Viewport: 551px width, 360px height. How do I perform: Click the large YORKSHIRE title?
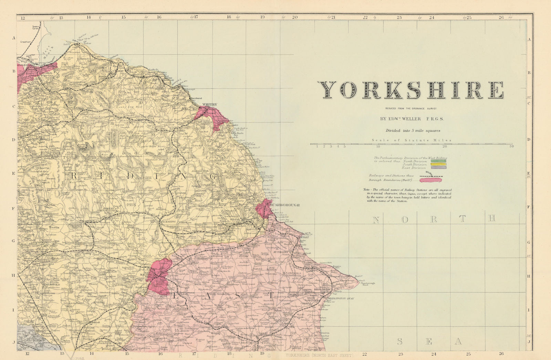[x=410, y=90]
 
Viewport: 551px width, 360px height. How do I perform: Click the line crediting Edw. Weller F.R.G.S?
[x=412, y=119]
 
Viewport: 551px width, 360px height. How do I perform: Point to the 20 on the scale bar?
[x=444, y=146]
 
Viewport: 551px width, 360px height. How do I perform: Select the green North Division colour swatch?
[x=438, y=161]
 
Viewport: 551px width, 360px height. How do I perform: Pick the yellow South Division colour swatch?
[x=438, y=165]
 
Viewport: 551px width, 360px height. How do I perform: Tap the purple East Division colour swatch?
[x=438, y=168]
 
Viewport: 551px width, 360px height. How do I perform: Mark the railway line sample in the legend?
[x=430, y=176]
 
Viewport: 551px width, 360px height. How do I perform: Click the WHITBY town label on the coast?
[x=210, y=104]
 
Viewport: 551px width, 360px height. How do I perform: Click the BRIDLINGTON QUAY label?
[x=340, y=298]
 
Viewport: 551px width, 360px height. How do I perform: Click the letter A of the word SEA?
[x=458, y=341]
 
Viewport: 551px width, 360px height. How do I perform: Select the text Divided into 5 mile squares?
[x=413, y=130]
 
